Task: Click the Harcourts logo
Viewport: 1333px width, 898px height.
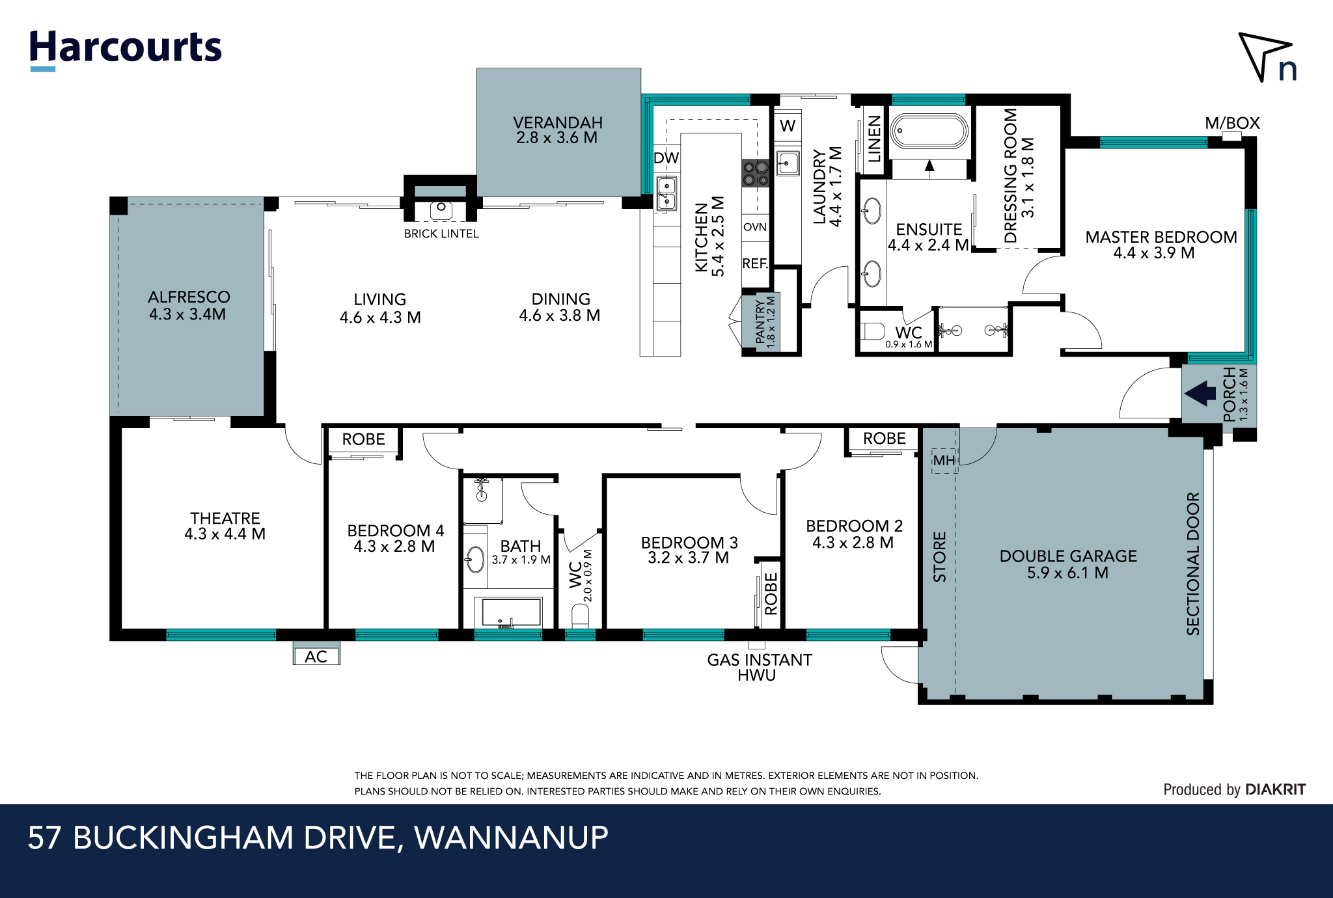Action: [126, 49]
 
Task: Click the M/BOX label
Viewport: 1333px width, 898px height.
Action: [1232, 123]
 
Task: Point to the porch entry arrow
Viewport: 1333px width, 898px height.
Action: [1200, 394]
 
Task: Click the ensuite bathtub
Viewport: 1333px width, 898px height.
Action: [929, 131]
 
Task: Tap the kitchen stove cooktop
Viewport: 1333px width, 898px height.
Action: [756, 173]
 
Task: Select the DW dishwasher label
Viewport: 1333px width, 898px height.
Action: [666, 158]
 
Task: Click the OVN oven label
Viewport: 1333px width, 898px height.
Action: [755, 227]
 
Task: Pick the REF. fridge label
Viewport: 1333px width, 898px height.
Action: [755, 264]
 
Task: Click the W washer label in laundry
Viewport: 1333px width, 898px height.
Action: [788, 126]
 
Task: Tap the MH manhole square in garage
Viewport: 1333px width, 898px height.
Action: [944, 461]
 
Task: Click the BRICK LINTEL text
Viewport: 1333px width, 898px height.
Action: [441, 234]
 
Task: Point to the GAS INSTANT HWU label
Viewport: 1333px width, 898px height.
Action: [759, 668]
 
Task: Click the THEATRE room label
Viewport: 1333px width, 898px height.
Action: [225, 519]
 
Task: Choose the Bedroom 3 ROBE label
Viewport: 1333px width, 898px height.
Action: [771, 593]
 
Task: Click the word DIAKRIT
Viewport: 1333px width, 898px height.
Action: [1275, 789]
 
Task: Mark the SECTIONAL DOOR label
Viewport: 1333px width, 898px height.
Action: [1192, 564]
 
